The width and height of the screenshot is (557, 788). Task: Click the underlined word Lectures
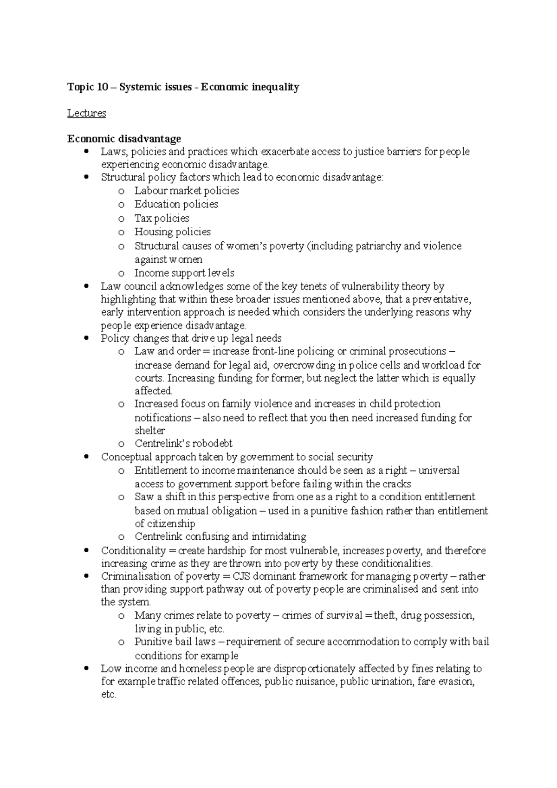(x=86, y=113)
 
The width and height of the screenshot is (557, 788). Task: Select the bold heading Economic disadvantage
(x=124, y=139)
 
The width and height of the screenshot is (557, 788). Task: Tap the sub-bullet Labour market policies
(x=187, y=191)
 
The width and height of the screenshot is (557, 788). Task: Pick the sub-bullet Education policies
(x=176, y=204)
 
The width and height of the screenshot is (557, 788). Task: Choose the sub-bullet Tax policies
(x=162, y=218)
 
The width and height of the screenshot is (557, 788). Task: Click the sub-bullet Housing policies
(x=172, y=232)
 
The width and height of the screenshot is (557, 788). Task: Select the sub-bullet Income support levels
(x=184, y=273)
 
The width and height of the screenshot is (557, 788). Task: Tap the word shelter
(x=149, y=431)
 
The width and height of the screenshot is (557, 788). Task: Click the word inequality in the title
(x=276, y=87)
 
